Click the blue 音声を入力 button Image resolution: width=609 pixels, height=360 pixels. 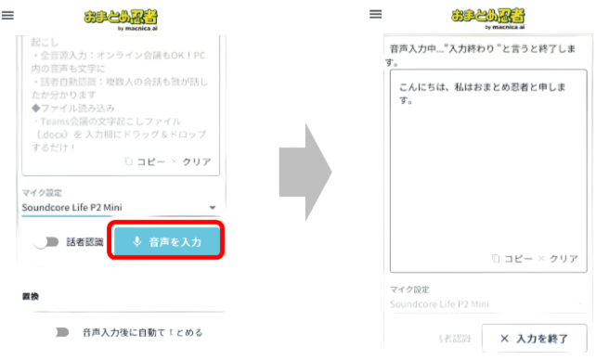click(167, 242)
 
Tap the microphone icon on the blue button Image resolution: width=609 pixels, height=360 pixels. click(136, 242)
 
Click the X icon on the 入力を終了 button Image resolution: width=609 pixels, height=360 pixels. click(504, 339)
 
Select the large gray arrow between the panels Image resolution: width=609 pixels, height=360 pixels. click(305, 173)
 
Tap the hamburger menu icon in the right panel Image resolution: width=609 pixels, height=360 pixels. click(376, 13)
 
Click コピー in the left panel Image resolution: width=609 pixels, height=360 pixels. click(144, 161)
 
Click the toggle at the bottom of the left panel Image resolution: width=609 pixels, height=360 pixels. click(62, 331)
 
